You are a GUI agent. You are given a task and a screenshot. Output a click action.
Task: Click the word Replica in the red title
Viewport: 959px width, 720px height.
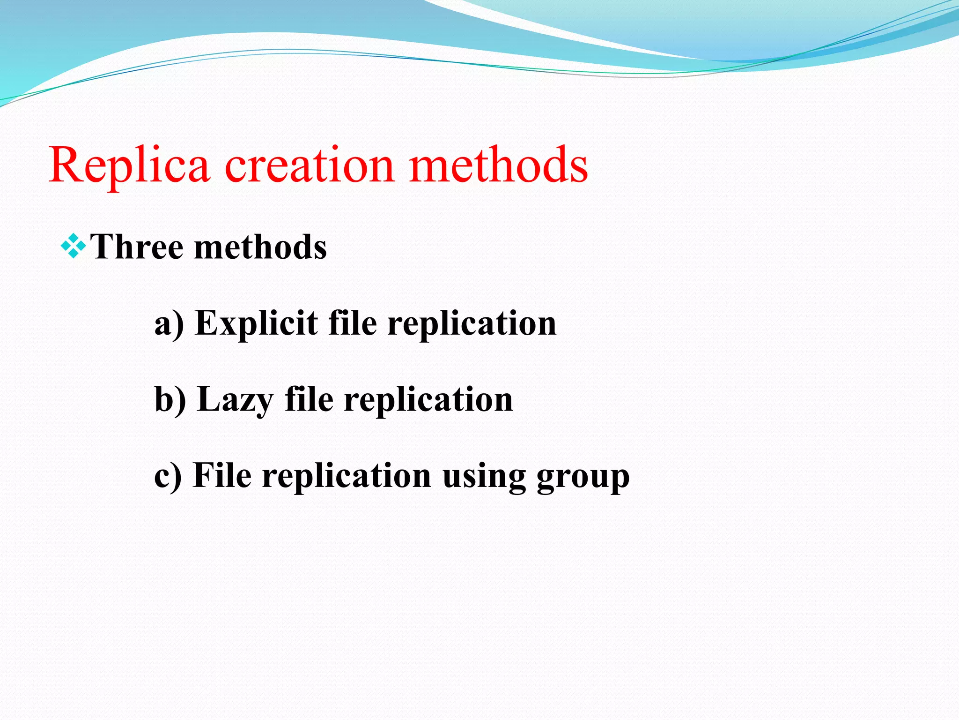(129, 165)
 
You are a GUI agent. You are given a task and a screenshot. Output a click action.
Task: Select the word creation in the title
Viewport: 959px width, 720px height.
(310, 165)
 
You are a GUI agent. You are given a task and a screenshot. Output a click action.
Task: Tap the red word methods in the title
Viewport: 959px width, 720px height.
(498, 165)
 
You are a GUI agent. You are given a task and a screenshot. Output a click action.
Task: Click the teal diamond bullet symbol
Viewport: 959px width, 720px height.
(74, 246)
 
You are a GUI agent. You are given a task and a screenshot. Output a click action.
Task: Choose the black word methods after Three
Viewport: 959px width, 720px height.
(260, 247)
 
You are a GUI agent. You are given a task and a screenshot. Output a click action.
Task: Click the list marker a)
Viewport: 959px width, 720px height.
(169, 323)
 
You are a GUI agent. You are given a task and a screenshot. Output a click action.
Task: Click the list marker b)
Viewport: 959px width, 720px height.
(170, 399)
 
